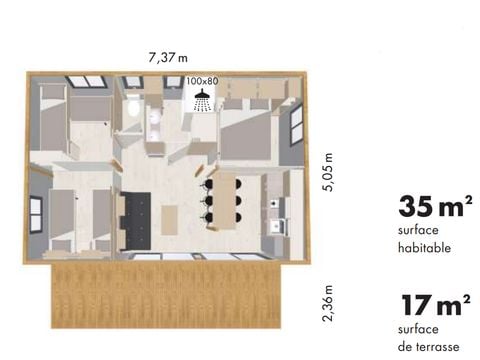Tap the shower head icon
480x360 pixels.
202,98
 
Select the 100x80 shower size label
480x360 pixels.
202,81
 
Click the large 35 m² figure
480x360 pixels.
434,207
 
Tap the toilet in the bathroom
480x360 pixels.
133,107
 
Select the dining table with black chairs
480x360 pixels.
225,198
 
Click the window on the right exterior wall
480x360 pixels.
297,123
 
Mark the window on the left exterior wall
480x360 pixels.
35,212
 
